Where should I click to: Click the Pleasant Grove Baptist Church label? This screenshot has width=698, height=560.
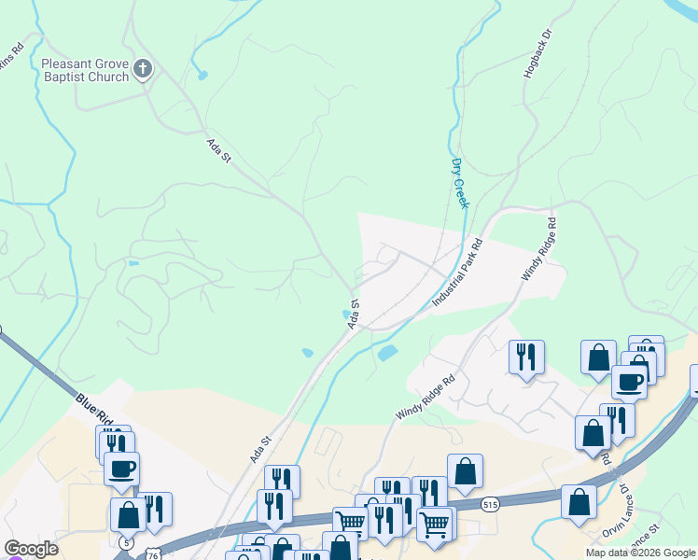85,70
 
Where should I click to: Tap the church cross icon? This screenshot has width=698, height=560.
143,69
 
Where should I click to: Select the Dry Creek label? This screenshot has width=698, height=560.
459,183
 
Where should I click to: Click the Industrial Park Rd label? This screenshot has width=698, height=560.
457,274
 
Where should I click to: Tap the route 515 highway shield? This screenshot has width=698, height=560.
490,504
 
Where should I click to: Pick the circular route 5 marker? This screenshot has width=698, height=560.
127,542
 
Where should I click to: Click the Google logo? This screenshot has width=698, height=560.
31,549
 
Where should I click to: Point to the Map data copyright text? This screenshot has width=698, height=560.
640,553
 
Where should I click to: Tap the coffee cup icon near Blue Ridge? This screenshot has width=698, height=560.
122,469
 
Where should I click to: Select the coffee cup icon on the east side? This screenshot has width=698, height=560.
630,382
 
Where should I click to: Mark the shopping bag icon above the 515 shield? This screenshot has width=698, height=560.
465,471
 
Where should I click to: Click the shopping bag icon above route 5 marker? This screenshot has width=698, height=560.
128,514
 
